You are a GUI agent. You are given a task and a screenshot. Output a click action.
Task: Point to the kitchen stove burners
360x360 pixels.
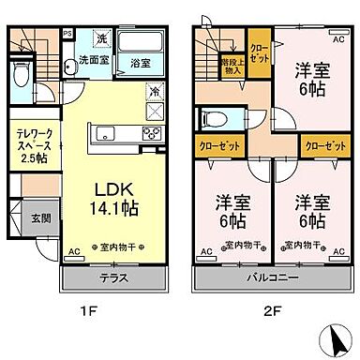[151, 135]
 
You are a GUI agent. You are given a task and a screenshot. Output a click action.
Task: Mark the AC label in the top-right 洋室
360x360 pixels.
[337, 40]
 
